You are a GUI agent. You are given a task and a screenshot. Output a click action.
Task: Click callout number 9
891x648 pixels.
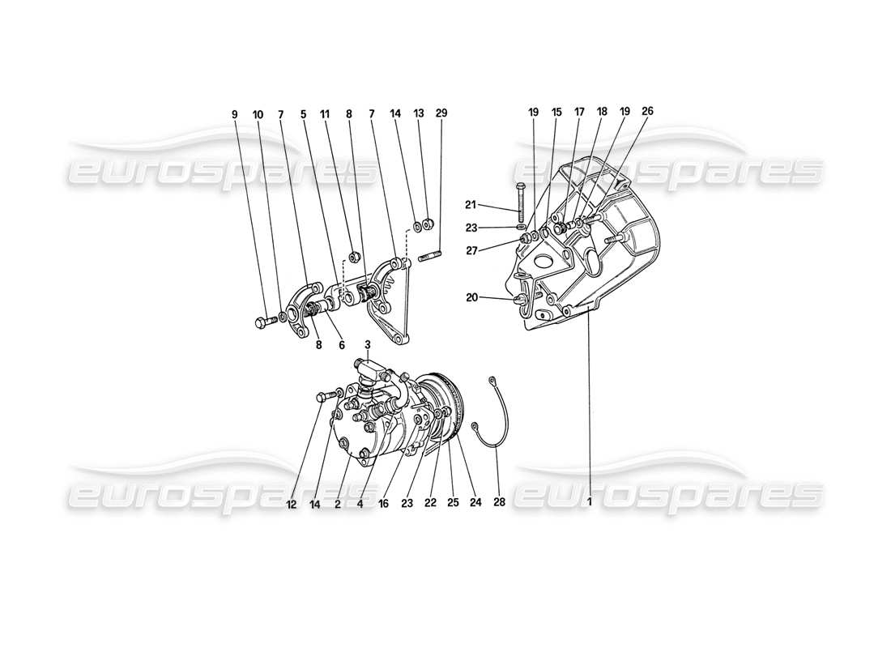pyautogui.click(x=235, y=114)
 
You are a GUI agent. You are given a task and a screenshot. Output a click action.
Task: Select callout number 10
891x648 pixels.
pyautogui.click(x=258, y=114)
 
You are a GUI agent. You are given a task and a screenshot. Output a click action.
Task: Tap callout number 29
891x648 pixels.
pyautogui.click(x=441, y=113)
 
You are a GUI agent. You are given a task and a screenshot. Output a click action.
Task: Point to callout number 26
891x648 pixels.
pyautogui.click(x=647, y=110)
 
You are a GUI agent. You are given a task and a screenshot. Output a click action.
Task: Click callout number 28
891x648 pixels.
pyautogui.click(x=499, y=502)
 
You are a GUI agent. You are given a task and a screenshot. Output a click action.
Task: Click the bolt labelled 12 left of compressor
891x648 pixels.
pyautogui.click(x=322, y=396)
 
